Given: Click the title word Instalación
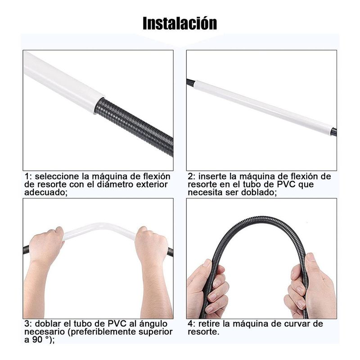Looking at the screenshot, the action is click(180, 23).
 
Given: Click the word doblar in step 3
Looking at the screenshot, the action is click(48, 324).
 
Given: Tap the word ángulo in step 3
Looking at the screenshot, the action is click(153, 324).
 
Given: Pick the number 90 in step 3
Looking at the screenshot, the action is click(37, 340).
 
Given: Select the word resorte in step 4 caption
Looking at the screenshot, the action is click(202, 332).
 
